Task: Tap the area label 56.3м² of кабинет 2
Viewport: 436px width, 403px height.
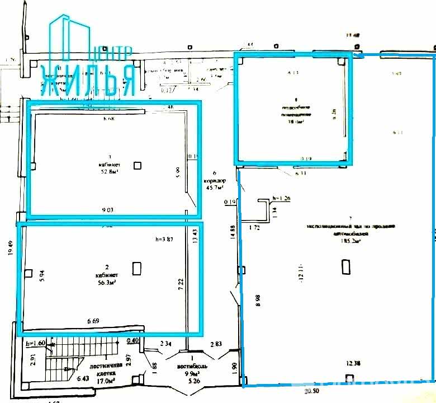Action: pos(106,283)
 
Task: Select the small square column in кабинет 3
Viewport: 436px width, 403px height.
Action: pos(137,165)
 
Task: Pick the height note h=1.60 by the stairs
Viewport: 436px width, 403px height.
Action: pos(35,344)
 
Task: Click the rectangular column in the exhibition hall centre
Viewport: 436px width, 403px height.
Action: pos(345,267)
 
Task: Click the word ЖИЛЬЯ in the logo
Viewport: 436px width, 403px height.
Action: pos(88,79)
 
